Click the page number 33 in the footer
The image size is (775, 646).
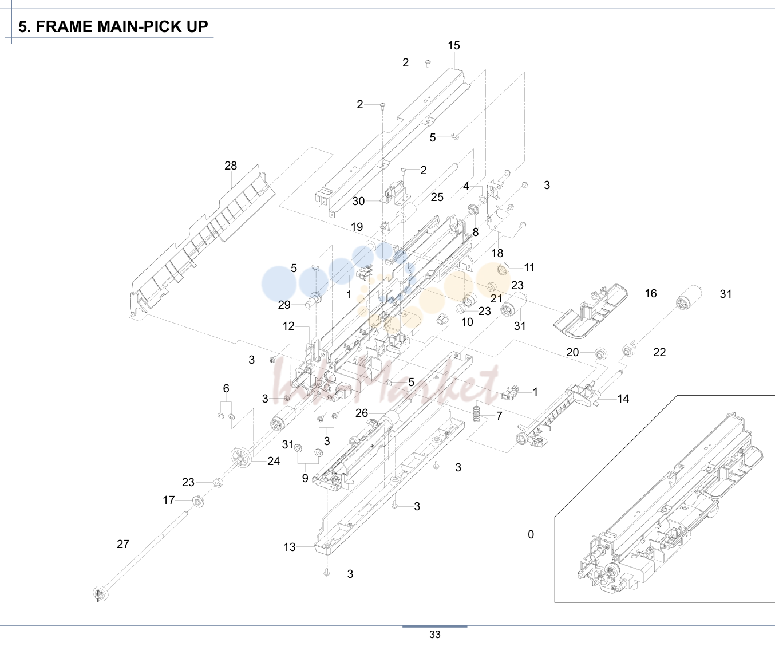pyautogui.click(x=434, y=635)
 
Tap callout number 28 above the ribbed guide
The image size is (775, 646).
pyautogui.click(x=231, y=166)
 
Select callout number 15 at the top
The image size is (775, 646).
pyautogui.click(x=453, y=45)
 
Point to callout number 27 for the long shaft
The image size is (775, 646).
pyautogui.click(x=123, y=544)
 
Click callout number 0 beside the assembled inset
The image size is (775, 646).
pyautogui.click(x=531, y=534)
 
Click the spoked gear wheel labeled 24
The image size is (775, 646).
pyautogui.click(x=242, y=458)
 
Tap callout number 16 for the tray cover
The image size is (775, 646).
pyautogui.click(x=651, y=293)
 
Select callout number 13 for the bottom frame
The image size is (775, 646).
pyautogui.click(x=290, y=547)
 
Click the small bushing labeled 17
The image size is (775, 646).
pyautogui.click(x=198, y=502)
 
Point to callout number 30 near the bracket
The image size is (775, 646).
pyautogui.click(x=358, y=202)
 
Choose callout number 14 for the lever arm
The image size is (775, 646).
pyautogui.click(x=623, y=399)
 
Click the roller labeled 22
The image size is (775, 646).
pyautogui.click(x=629, y=349)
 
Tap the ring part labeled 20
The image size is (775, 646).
pyautogui.click(x=600, y=354)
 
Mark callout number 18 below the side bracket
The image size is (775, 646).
pyautogui.click(x=497, y=253)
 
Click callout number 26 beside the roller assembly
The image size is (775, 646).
pyautogui.click(x=362, y=413)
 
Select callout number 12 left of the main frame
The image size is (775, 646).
pyautogui.click(x=288, y=326)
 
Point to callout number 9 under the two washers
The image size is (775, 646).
pyautogui.click(x=305, y=478)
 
